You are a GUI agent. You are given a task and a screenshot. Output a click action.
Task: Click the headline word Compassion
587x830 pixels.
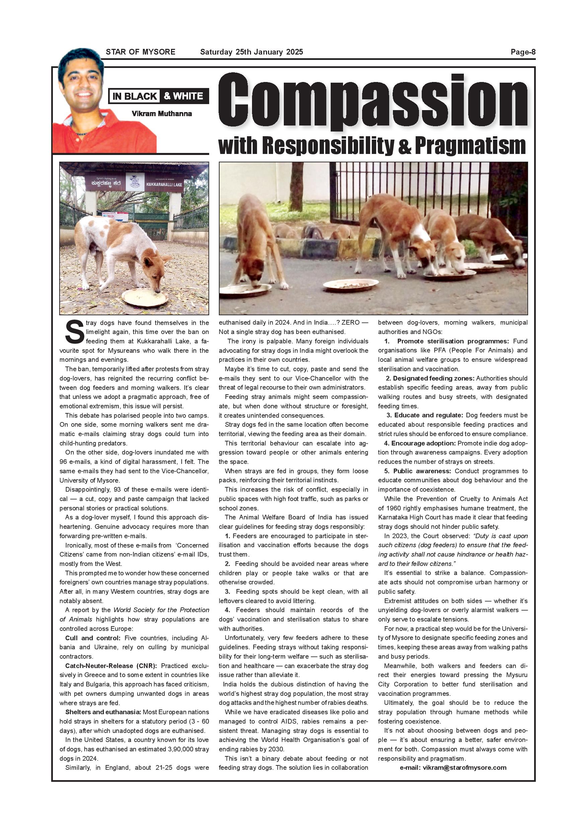[x=373, y=102]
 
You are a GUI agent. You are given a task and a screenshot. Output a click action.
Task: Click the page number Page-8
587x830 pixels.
[x=523, y=52]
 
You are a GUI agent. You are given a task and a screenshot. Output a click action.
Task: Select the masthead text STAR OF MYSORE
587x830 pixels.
[x=140, y=52]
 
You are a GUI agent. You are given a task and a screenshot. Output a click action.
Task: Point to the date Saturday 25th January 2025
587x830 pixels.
[x=252, y=52]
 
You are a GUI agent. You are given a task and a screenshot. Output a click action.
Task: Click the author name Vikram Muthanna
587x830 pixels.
[x=162, y=113]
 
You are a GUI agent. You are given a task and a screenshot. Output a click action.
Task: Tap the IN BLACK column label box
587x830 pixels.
[x=135, y=96]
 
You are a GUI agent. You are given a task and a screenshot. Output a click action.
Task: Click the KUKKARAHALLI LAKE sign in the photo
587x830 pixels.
[x=164, y=184]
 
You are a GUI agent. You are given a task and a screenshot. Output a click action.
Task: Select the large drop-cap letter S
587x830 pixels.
[x=74, y=333]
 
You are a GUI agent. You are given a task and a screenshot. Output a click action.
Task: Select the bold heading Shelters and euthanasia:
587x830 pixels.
[x=103, y=712]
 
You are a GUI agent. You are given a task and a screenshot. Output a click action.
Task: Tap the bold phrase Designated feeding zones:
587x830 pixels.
[x=430, y=379]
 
